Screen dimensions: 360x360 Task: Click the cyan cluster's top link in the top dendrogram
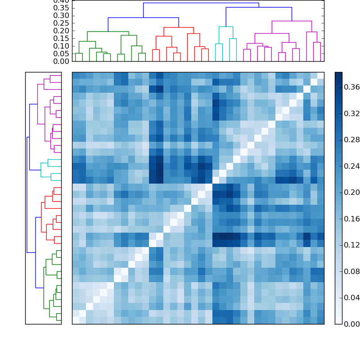tap(226, 27)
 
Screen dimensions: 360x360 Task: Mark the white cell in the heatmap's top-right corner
tap(320, 75)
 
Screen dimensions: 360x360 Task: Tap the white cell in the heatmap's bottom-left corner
tap(76, 320)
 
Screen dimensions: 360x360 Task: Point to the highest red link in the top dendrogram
tap(179, 27)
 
